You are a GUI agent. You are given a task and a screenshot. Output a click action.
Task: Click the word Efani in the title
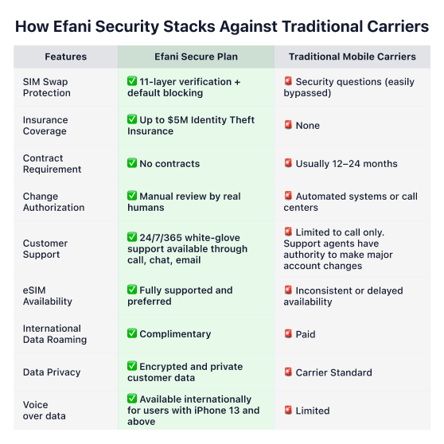pyautogui.click(x=72, y=26)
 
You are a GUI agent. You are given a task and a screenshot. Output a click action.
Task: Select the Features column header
pyautogui.click(x=66, y=56)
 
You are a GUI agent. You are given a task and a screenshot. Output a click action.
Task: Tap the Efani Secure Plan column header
pyautogui.click(x=196, y=56)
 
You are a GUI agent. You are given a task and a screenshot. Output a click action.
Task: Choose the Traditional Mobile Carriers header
pyautogui.click(x=352, y=56)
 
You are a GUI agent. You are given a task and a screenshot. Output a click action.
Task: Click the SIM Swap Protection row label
pyautogui.click(x=47, y=88)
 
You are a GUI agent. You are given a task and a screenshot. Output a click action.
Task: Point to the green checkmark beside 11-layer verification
pyautogui.click(x=132, y=81)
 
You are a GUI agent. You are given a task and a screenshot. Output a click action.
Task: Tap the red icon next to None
pyautogui.click(x=288, y=125)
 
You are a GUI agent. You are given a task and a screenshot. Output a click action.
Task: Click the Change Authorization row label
pyautogui.click(x=54, y=202)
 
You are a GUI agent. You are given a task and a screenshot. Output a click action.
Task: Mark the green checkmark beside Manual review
pyautogui.click(x=132, y=196)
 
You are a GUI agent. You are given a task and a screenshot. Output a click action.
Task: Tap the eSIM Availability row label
pyautogui.click(x=48, y=296)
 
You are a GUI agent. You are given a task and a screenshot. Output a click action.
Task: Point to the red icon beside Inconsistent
pyautogui.click(x=288, y=290)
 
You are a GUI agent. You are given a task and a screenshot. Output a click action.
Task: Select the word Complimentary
pyautogui.click(x=175, y=334)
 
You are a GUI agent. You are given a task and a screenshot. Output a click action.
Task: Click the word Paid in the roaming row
pyautogui.click(x=306, y=334)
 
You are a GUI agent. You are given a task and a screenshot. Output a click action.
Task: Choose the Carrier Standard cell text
pyautogui.click(x=334, y=372)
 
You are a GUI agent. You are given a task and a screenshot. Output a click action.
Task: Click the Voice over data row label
pyautogui.click(x=45, y=411)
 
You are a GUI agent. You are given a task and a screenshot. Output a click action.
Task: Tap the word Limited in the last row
pyautogui.click(x=313, y=411)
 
